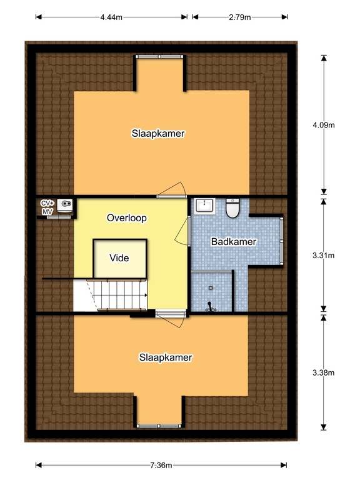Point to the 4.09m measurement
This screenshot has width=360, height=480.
click(x=324, y=125)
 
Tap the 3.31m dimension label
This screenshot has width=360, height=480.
click(x=324, y=255)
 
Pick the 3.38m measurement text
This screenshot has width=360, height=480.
click(x=324, y=373)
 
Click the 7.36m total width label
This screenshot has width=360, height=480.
click(x=161, y=465)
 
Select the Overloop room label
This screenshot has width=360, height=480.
click(x=126, y=218)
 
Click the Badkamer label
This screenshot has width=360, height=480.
click(x=234, y=241)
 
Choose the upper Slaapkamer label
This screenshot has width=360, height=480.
click(x=158, y=133)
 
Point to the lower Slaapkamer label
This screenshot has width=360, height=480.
click(x=165, y=357)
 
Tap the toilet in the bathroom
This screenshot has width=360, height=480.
click(x=232, y=208)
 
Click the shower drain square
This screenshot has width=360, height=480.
click(x=210, y=288)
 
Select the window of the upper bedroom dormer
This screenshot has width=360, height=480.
click(x=160, y=56)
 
